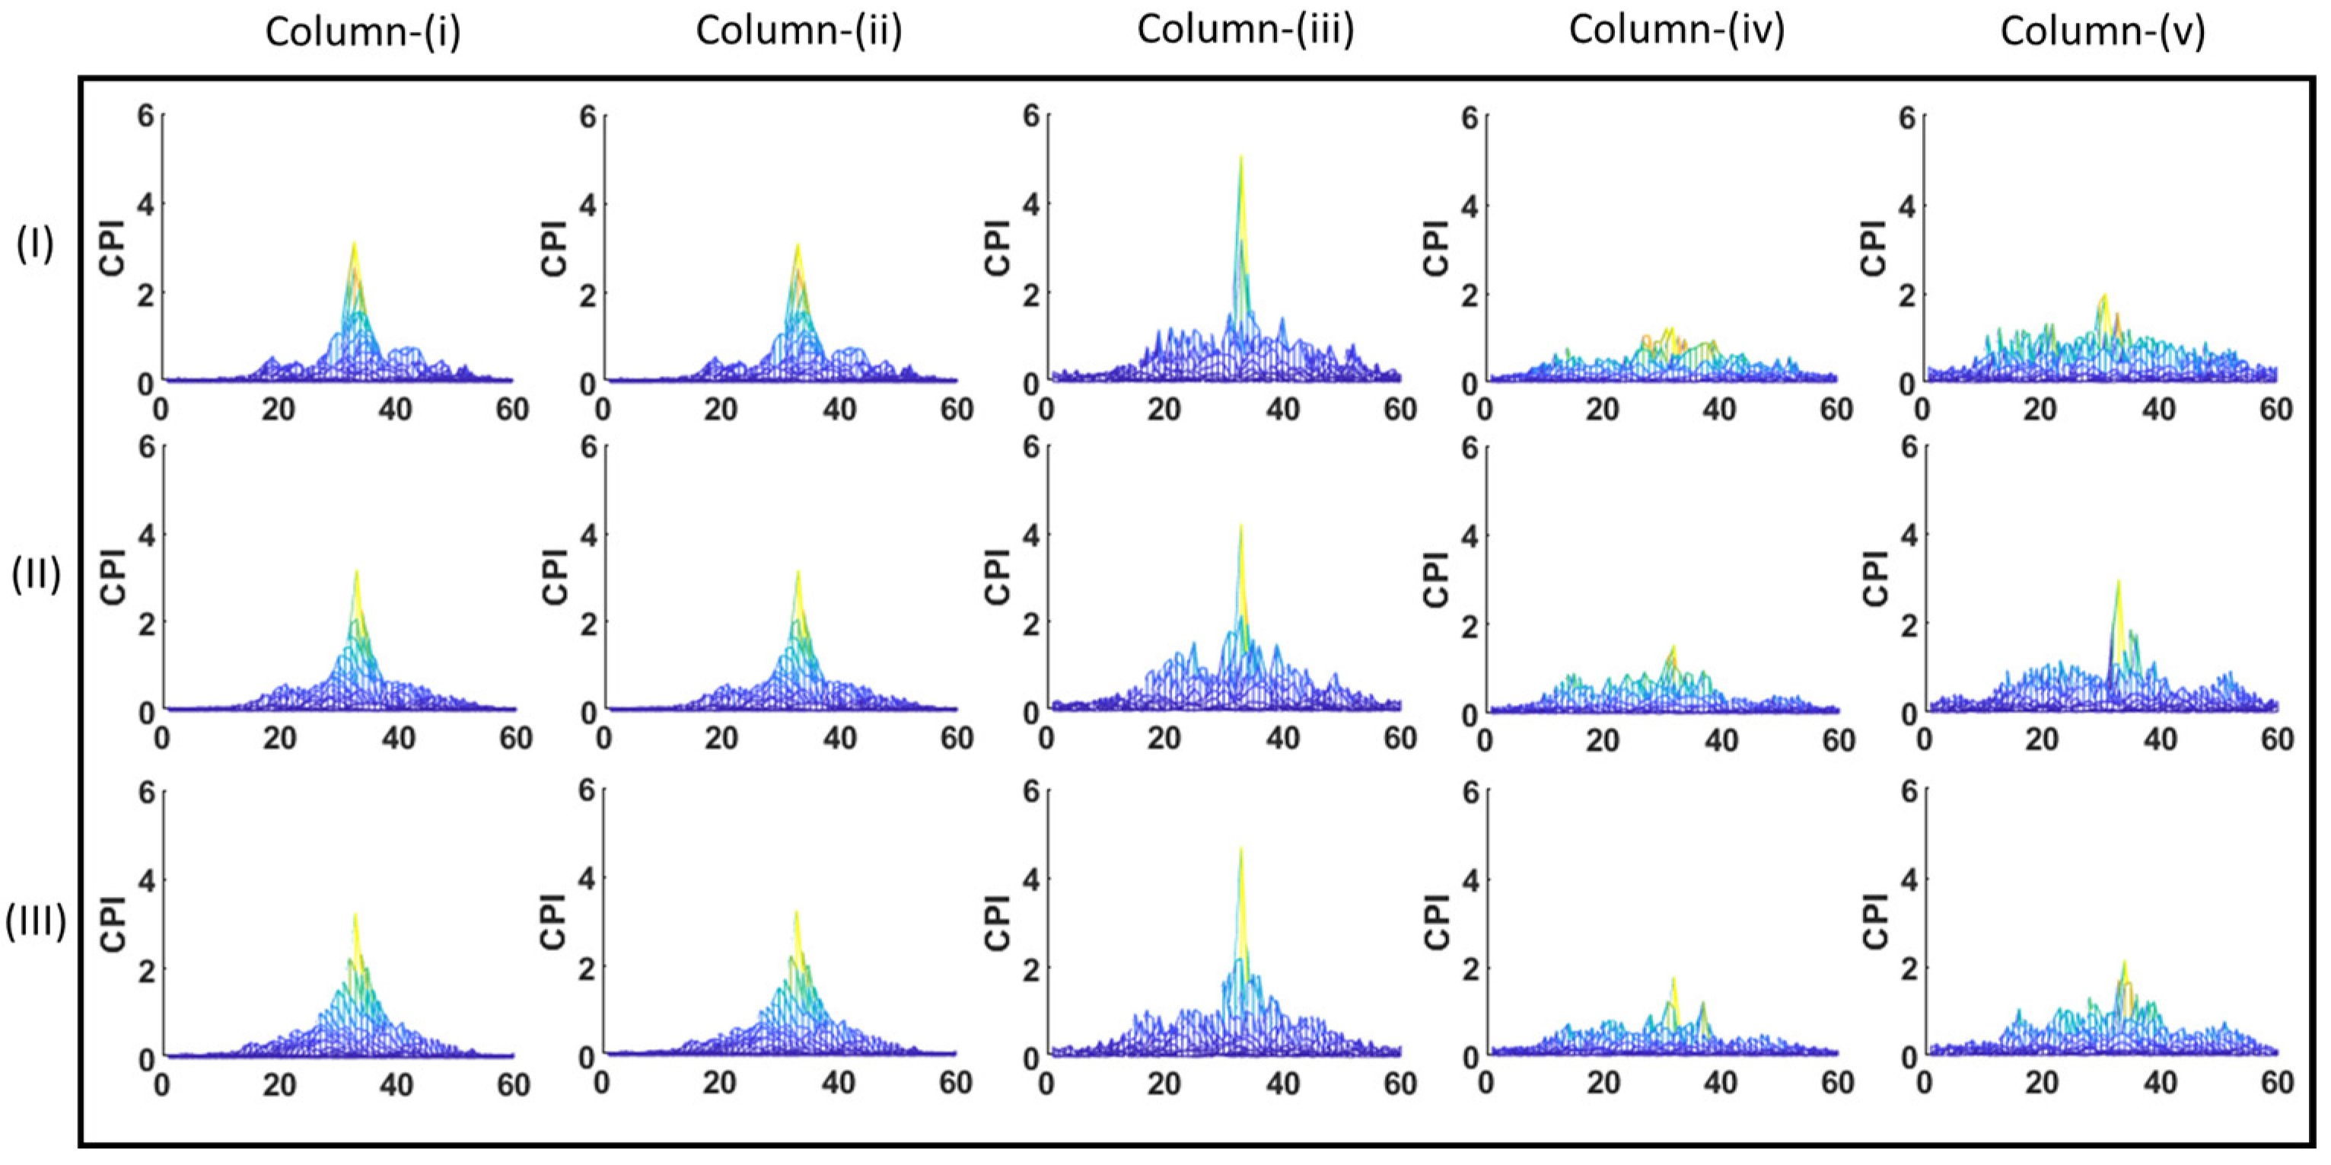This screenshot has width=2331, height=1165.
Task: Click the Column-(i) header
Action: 363,32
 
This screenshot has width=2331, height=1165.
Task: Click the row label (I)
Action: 35,244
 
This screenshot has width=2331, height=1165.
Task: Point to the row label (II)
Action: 35,574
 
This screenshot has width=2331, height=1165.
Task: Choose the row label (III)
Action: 35,921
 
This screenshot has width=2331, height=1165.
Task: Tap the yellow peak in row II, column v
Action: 2119,584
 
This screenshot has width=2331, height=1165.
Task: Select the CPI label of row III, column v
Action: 1876,921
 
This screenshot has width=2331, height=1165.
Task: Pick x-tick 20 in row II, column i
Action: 279,739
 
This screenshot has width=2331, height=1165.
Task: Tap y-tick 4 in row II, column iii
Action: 1030,534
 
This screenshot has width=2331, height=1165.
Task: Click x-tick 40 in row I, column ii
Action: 839,409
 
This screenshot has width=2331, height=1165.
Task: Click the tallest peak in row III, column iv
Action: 1673,980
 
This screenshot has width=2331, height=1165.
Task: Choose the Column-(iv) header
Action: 1676,30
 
